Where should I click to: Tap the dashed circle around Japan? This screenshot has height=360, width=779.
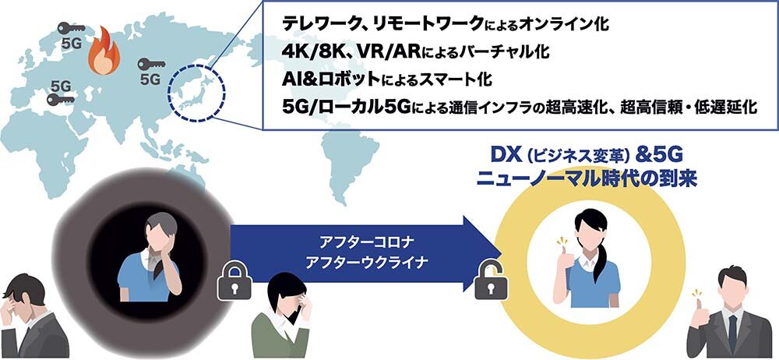[197, 93]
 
